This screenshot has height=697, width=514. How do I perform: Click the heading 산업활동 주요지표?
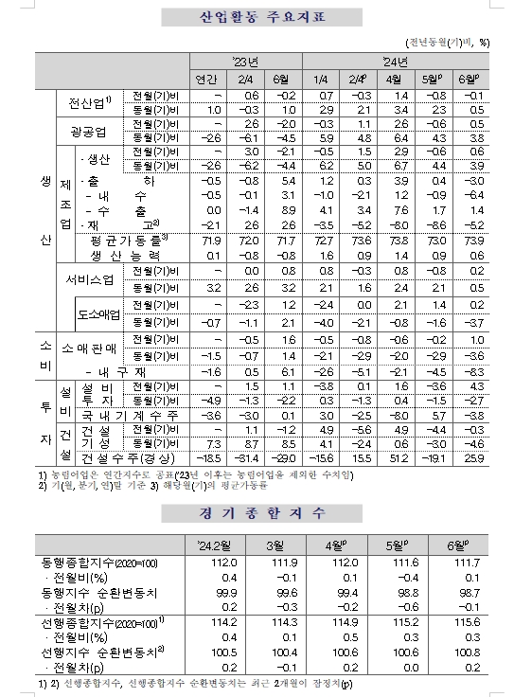point(256,17)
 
